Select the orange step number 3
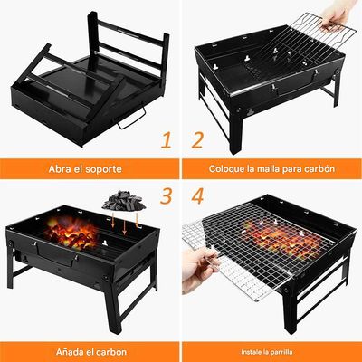167,196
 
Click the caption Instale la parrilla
271,350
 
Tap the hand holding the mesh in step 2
339,14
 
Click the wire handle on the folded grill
134,119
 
